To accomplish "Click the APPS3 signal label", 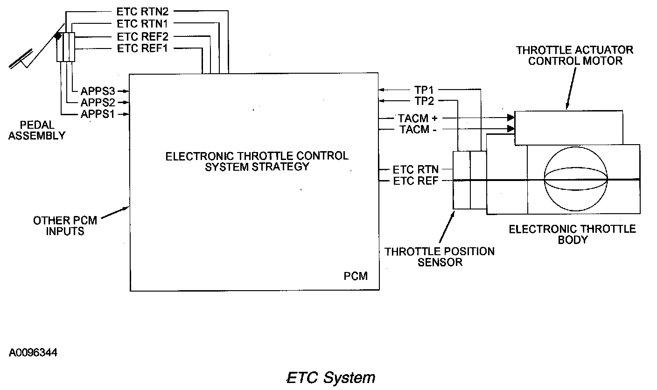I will (x=98, y=91).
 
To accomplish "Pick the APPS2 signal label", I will (x=98, y=103).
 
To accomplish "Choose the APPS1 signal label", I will (x=98, y=114).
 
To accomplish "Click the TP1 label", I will (x=424, y=90).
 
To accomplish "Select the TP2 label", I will (x=424, y=101).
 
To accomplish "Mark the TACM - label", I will (x=418, y=130).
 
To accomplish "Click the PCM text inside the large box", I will (x=356, y=276).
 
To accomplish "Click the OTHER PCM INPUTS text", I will (x=65, y=225).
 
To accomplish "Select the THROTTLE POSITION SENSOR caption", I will (x=440, y=257).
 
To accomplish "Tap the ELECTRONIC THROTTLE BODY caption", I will (x=572, y=234).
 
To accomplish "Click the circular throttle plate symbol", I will (x=576, y=180).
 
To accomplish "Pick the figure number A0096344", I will (x=33, y=352).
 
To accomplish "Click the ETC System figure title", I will (x=330, y=377).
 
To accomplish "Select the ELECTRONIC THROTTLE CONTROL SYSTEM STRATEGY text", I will (x=257, y=161).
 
